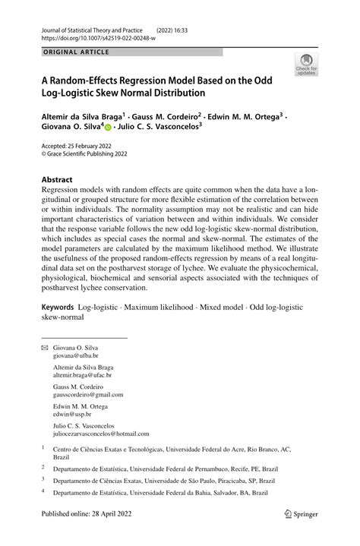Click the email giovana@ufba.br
pyautogui.click(x=75, y=355)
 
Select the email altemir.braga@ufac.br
pyautogui.click(x=82, y=375)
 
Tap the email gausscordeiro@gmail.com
pyautogui.click(x=87, y=395)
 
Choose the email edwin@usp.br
pyautogui.click(x=71, y=415)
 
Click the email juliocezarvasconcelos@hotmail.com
pyautogui.click(x=101, y=434)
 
